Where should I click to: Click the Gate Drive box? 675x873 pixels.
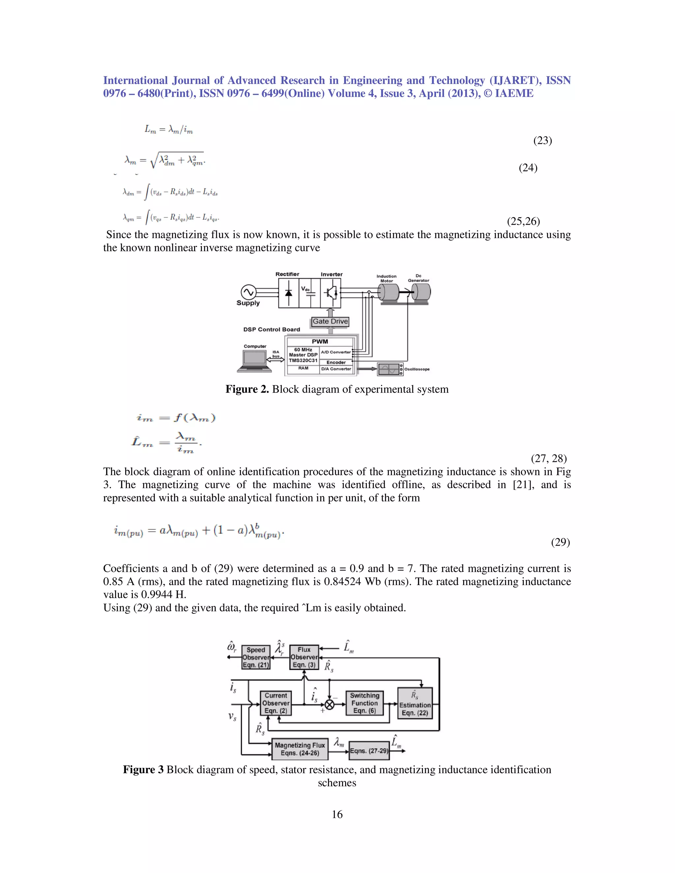(330, 322)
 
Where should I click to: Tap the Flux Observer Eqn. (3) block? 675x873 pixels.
(304, 657)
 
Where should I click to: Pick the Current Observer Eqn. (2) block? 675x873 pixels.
(276, 703)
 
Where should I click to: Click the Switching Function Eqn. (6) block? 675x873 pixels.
(364, 703)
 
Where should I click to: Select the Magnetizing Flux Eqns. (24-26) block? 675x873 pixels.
(300, 749)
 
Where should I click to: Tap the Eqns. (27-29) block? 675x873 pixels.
(369, 751)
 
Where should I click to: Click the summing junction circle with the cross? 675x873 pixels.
(330, 704)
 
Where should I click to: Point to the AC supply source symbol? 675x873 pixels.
(248, 292)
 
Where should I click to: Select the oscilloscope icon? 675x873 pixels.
(390, 369)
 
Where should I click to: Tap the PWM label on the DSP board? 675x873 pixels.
(320, 341)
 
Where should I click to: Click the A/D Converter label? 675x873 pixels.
(336, 352)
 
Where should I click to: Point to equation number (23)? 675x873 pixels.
(543, 140)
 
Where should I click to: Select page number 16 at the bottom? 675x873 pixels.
(337, 814)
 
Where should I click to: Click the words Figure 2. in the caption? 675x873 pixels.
(247, 389)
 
